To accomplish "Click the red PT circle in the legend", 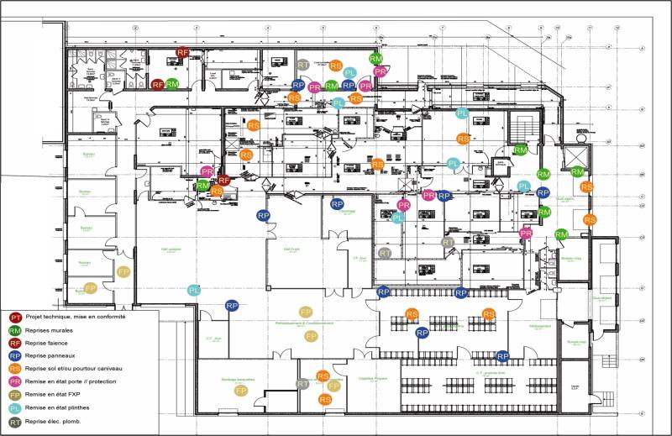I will tap(14, 318).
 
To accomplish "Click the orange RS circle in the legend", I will tap(14, 368).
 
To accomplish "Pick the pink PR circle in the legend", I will tap(14, 381).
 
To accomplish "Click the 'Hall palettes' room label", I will tap(172, 250).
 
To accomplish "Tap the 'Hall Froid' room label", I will tap(291, 250).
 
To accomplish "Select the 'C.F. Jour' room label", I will tap(212, 339).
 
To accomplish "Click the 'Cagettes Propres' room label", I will tap(371, 379).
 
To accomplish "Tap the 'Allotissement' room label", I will tap(539, 326).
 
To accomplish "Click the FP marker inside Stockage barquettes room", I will tap(240, 391).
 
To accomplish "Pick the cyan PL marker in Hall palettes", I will tap(194, 290).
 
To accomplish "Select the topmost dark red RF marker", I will tap(182, 53).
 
